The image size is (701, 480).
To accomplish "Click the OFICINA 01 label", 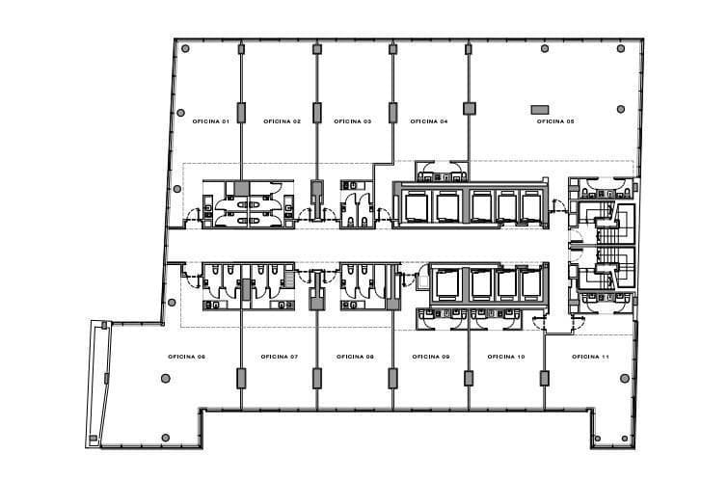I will (210, 121).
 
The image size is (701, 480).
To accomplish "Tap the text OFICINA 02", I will (282, 121).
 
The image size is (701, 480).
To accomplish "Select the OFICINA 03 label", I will (353, 121).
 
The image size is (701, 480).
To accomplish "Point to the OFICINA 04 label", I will (429, 121).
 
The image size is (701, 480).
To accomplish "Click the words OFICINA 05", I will (555, 121).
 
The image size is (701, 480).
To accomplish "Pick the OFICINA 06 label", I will (187, 357).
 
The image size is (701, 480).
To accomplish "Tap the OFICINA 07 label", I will (280, 357).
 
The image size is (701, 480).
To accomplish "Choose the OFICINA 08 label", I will (355, 357).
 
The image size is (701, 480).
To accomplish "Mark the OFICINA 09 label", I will (431, 357).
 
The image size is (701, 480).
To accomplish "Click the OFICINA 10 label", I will (506, 357).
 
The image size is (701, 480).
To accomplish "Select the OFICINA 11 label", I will (590, 357).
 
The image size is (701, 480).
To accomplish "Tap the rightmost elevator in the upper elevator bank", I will (530, 205).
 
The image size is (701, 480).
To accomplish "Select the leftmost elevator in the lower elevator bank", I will (447, 283).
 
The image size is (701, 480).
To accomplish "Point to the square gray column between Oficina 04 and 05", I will (470, 109).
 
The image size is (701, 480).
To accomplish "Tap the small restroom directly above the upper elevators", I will (441, 172).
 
